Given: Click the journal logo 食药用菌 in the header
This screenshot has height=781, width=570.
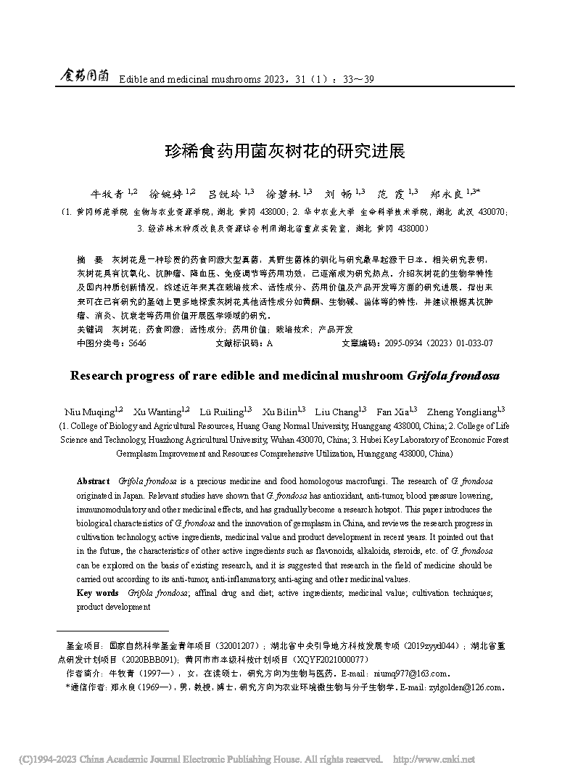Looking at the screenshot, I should [x=83, y=75].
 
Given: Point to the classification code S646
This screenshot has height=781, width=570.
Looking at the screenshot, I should [x=137, y=343].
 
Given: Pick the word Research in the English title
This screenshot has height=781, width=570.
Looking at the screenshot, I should [x=99, y=376].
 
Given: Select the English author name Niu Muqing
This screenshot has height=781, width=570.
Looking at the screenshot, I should [x=85, y=412].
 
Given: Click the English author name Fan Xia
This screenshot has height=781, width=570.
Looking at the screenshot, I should [x=390, y=412].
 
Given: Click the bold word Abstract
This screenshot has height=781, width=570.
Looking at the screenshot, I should [x=93, y=481].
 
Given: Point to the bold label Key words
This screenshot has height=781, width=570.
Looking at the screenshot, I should [x=97, y=593].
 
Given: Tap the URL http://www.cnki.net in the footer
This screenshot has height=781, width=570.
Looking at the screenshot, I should [x=433, y=759].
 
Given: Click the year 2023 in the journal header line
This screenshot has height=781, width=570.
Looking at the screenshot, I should [x=255, y=78].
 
